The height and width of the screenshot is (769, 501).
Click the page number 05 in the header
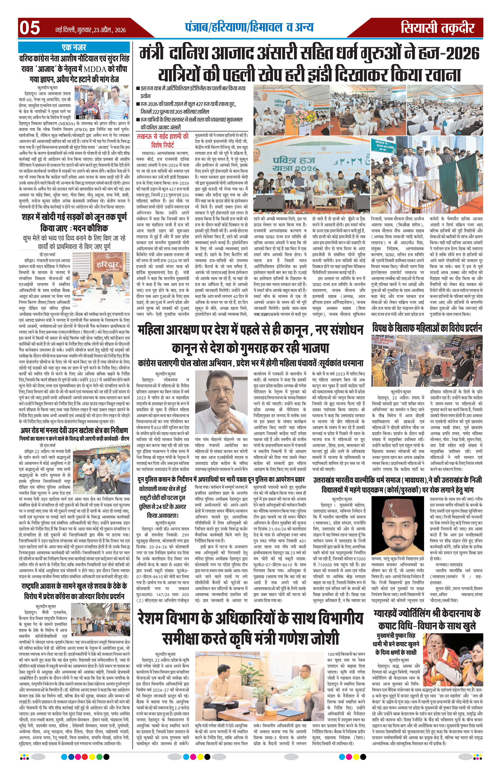coord(30,28)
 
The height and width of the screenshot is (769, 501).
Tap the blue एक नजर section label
coord(74,47)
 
